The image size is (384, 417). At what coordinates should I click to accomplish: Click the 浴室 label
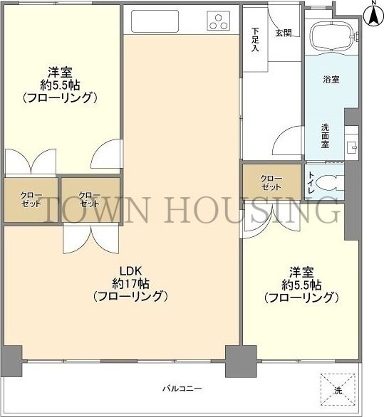[331, 79]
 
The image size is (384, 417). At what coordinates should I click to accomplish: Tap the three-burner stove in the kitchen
[219, 22]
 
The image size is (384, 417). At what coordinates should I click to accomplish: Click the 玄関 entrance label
[283, 33]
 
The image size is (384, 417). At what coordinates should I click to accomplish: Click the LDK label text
[130, 270]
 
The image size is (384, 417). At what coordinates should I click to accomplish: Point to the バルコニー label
[182, 389]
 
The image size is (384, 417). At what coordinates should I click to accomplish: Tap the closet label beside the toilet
[271, 182]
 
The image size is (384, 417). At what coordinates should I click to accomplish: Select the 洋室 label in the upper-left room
[58, 72]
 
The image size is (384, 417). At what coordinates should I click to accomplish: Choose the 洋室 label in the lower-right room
[300, 273]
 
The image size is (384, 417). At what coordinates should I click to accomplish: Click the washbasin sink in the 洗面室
[351, 147]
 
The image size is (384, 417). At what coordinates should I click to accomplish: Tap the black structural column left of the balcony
[11, 355]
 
